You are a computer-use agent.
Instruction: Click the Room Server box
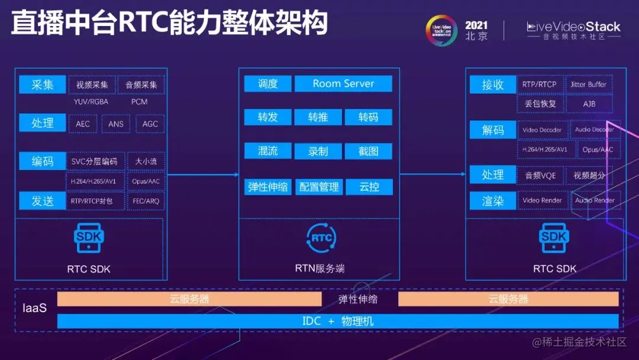point(343,83)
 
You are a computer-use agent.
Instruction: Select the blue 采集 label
point(42,85)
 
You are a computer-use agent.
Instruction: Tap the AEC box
point(83,124)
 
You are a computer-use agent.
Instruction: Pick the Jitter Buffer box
point(588,85)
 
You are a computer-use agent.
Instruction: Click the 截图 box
point(368,151)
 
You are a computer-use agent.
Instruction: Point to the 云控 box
point(369,187)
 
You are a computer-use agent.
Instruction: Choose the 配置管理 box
point(319,187)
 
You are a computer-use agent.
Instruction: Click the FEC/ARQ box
point(146,201)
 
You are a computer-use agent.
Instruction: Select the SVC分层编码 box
point(94,161)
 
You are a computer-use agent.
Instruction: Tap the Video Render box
point(542,200)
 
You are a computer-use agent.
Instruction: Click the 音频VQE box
point(540,175)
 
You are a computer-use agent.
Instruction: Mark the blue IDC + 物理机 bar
point(338,322)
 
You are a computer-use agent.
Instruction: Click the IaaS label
point(34,308)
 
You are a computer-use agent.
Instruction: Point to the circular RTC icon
point(321,238)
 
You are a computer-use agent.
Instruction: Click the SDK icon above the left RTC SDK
point(89,238)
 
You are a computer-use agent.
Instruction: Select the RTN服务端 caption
point(319,269)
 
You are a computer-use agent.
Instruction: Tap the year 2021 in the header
point(476,25)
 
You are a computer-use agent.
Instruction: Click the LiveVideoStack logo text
point(573,27)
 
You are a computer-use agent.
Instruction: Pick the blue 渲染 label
point(492,201)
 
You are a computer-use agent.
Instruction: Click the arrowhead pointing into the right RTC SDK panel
point(462,174)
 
